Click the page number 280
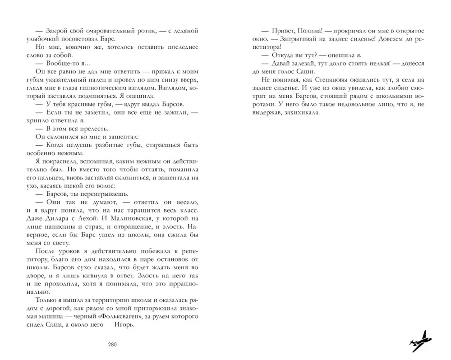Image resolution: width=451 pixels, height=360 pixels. [x=112, y=345]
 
